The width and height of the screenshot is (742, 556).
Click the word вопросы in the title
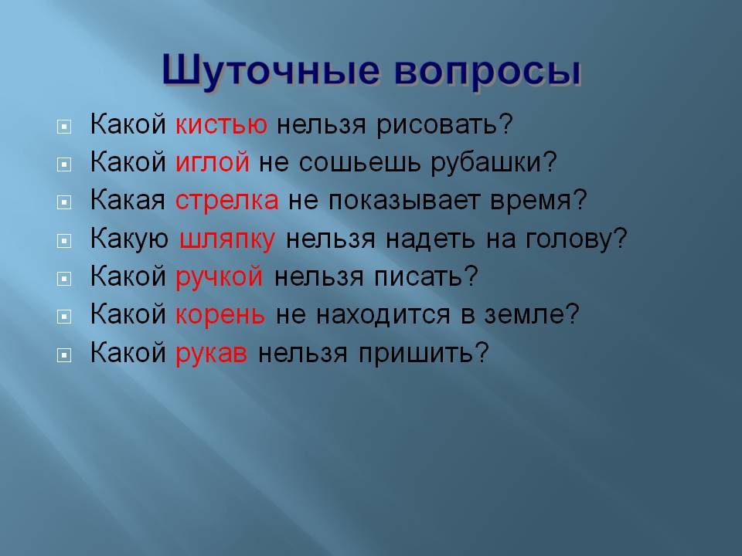click(x=487, y=73)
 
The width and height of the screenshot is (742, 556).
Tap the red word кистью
click(x=221, y=124)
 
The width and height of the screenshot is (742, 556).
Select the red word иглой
click(x=213, y=162)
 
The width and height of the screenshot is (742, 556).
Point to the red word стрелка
click(x=226, y=200)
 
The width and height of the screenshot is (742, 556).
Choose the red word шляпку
click(x=227, y=239)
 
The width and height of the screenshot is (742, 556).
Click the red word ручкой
click(x=219, y=277)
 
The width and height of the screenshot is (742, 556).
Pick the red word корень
click(x=220, y=314)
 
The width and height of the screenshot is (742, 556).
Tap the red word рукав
click(x=211, y=353)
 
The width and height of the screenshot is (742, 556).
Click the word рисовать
click(x=444, y=125)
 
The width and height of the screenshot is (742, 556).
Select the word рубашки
click(x=494, y=162)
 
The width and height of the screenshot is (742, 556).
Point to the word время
click(x=538, y=201)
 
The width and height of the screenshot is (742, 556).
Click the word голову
click(x=575, y=239)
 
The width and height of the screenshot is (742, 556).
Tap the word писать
click(x=425, y=276)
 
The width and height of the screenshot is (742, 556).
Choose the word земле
click(x=531, y=314)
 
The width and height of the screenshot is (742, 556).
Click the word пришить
click(x=423, y=353)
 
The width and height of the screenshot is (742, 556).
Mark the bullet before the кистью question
click(x=64, y=126)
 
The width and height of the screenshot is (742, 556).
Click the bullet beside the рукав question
click(x=64, y=354)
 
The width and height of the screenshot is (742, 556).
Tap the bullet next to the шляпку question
click(x=64, y=241)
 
